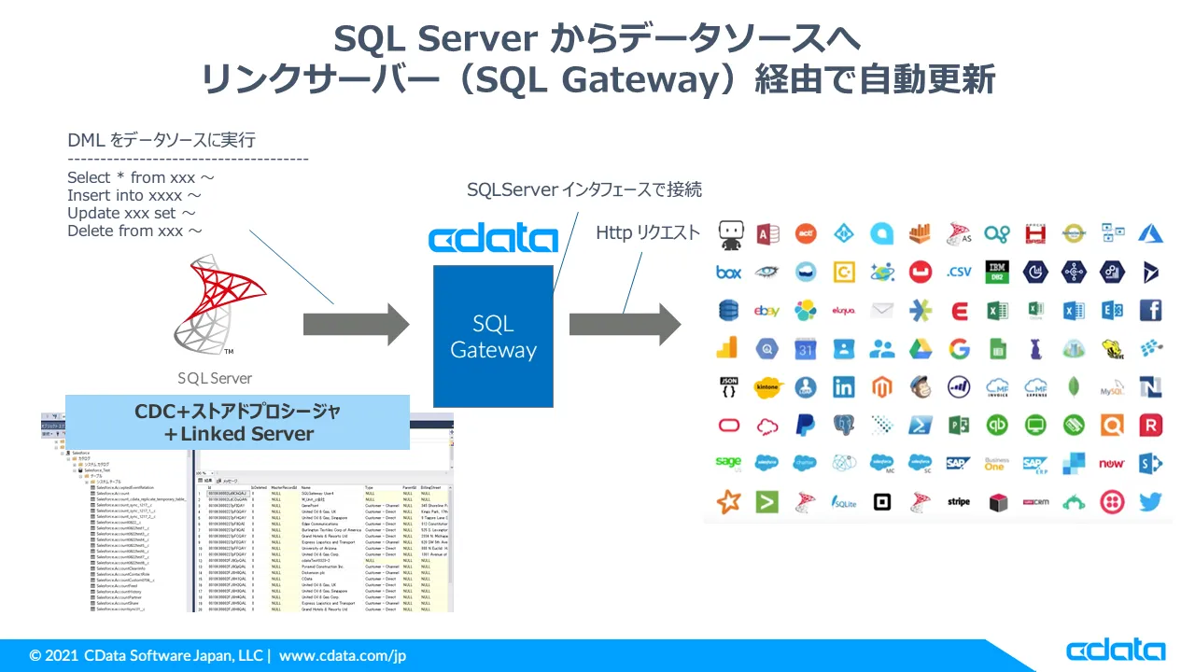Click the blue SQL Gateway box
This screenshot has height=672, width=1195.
(493, 337)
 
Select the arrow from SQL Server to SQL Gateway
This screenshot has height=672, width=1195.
(356, 325)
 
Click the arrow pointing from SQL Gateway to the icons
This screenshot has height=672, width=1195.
(625, 324)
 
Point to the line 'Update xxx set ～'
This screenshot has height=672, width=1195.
(132, 214)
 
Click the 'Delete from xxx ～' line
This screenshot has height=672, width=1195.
(134, 231)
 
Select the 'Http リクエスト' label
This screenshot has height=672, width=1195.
(647, 233)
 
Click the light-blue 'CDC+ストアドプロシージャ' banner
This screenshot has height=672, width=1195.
(237, 422)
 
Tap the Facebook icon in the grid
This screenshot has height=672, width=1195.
(1150, 311)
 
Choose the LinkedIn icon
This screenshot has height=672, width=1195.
(844, 386)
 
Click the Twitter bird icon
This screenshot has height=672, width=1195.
(1150, 502)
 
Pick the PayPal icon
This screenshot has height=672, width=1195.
(805, 426)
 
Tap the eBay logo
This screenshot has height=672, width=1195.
(766, 311)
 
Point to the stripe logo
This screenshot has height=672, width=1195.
(959, 502)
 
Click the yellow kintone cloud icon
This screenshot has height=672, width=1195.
(766, 386)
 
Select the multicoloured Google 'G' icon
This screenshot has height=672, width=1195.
(959, 349)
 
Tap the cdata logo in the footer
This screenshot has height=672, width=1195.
(1115, 651)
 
